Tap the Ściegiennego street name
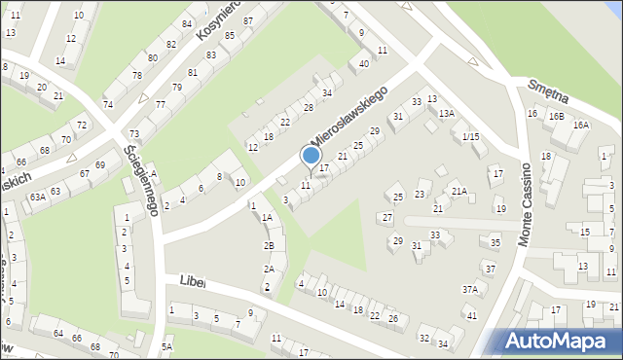click(142, 180)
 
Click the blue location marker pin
click(311, 157)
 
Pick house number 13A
click(446, 114)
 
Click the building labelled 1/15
click(470, 136)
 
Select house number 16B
click(555, 117)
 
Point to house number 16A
click(581, 125)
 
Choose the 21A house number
click(459, 192)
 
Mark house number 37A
click(470, 290)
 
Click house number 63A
click(37, 197)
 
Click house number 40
click(364, 64)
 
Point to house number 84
click(186, 23)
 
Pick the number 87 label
click(249, 20)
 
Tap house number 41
click(471, 315)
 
